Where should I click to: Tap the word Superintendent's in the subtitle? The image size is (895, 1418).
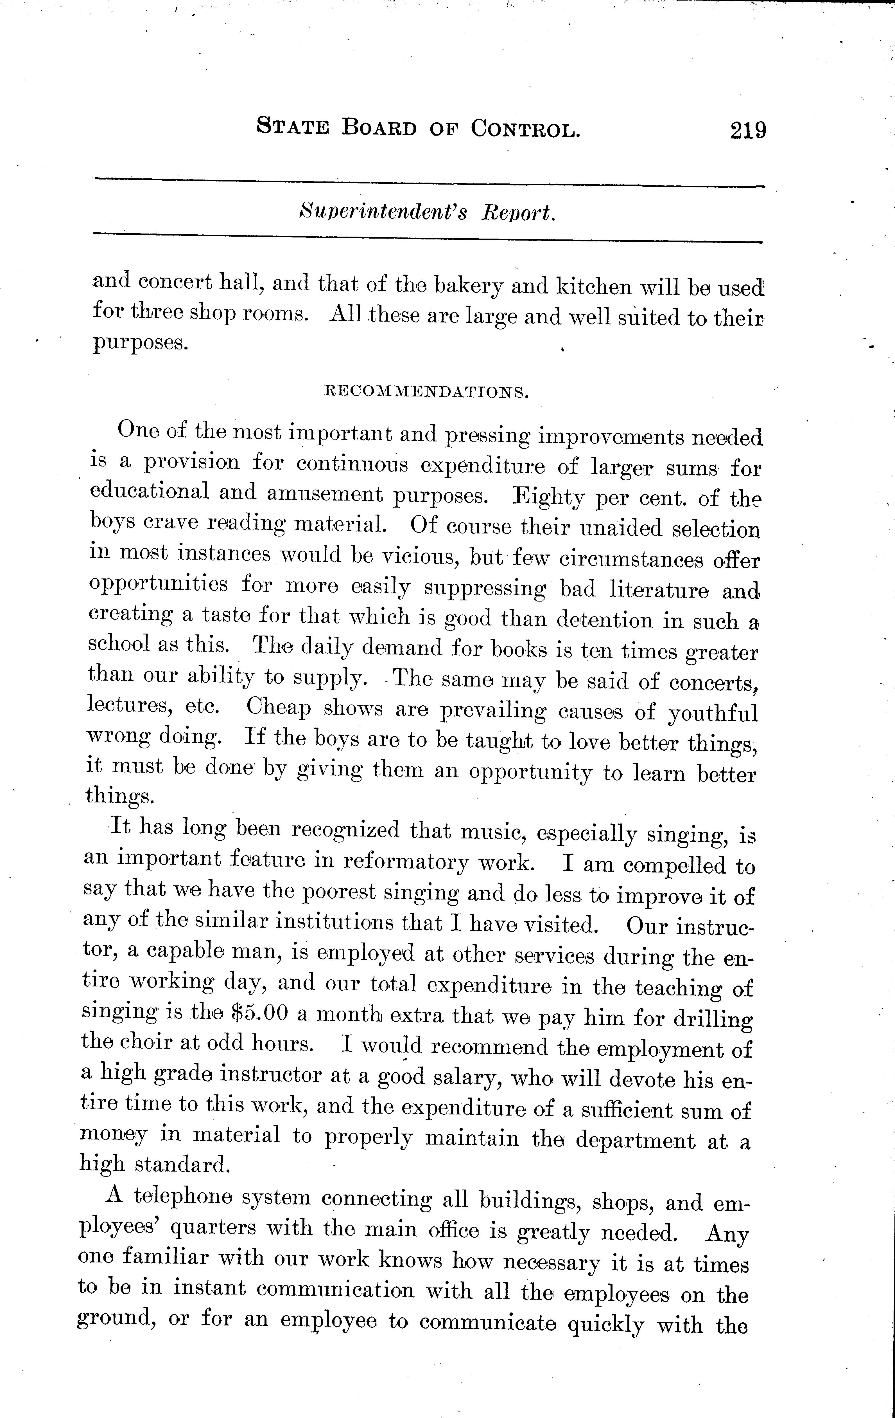click(383, 212)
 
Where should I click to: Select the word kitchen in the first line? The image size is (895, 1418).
click(594, 287)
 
